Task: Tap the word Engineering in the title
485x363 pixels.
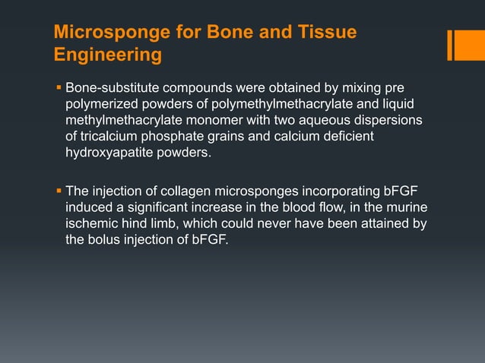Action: click(x=108, y=55)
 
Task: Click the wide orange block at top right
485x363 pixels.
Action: click(x=464, y=45)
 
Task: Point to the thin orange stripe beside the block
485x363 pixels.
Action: click(x=449, y=45)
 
